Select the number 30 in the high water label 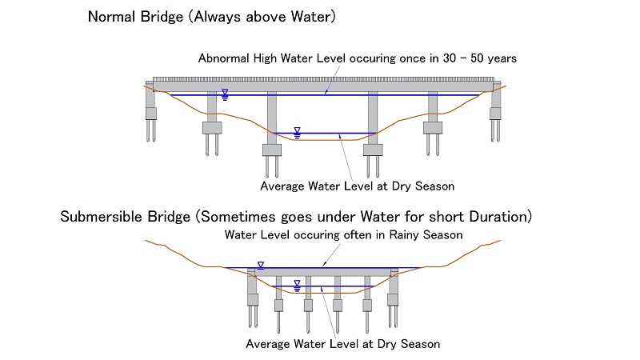tap(450, 58)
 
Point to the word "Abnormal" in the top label tap(223, 58)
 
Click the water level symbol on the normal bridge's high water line tap(225, 94)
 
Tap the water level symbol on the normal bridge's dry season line tap(297, 133)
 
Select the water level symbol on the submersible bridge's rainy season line tap(261, 266)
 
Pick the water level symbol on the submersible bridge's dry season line tap(297, 286)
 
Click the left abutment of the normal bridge tap(150, 111)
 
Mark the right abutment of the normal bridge tap(495, 111)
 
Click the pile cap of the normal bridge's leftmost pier tap(212, 128)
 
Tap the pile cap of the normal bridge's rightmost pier tap(433, 128)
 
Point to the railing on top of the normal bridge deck tap(323, 79)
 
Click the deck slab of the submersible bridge tap(322, 272)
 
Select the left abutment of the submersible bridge tap(252, 297)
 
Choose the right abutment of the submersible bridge tap(393, 297)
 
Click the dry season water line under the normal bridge tap(324, 133)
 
